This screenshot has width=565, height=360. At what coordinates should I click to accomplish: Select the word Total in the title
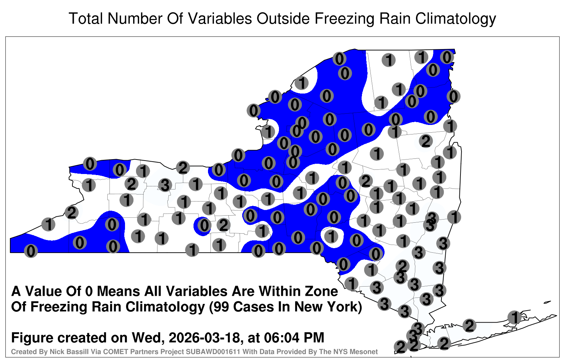pyautogui.click(x=86, y=19)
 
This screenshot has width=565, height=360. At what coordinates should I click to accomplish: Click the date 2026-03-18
pyautogui.click(x=204, y=338)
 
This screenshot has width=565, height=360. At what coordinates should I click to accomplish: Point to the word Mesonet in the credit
pyautogui.click(x=366, y=352)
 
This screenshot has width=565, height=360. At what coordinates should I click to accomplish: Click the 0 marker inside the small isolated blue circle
pyautogui.click(x=204, y=225)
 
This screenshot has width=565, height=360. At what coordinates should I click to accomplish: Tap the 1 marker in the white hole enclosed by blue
pyautogui.click(x=331, y=236)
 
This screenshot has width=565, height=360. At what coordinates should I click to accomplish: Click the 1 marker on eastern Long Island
pyautogui.click(x=514, y=317)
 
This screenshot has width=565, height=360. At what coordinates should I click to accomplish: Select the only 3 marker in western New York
pyautogui.click(x=165, y=185)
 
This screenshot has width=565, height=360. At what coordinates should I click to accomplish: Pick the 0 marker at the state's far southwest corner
pyautogui.click(x=31, y=251)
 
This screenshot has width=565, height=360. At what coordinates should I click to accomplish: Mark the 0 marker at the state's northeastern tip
pyautogui.click(x=447, y=57)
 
